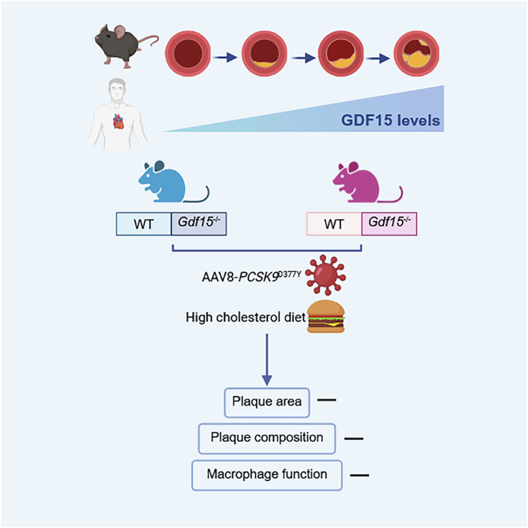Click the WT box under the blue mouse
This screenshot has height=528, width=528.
[x=143, y=224]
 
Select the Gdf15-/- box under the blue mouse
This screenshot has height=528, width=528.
[x=199, y=224]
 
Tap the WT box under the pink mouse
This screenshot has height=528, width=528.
[x=334, y=224]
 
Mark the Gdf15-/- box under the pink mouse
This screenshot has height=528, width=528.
[x=389, y=224]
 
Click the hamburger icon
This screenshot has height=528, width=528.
[x=327, y=317]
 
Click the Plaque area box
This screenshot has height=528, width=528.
[x=267, y=402]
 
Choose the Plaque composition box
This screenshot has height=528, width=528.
[x=267, y=437]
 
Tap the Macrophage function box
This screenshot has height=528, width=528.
[x=267, y=474]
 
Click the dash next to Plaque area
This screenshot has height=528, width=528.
[x=326, y=401]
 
